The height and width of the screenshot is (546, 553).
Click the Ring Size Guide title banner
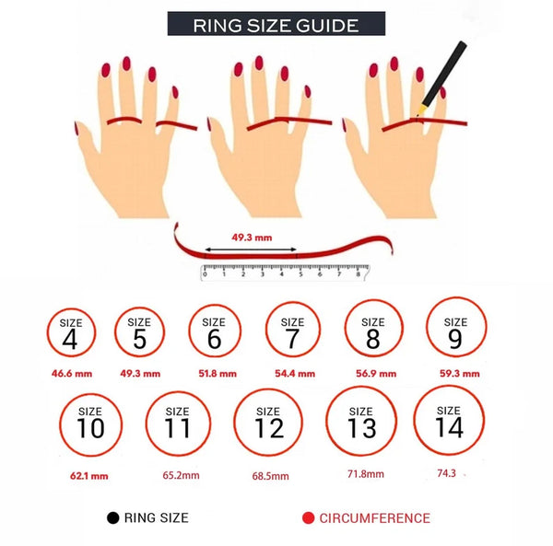pos(276,24)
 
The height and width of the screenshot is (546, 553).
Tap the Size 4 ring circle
pos(48,332)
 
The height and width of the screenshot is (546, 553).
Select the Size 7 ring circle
pos(266,330)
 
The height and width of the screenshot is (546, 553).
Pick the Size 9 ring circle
pos(427,327)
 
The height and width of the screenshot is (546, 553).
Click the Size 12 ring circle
pos(234,423)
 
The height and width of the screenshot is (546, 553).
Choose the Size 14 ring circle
pos(415,420)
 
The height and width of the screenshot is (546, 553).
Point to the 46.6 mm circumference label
pos(72,374)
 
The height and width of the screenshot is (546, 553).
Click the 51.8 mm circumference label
pos(218,374)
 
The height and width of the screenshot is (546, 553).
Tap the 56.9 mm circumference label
pos(376,374)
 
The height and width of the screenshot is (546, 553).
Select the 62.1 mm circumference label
pos(89,476)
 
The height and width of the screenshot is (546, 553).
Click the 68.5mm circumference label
pos(270,476)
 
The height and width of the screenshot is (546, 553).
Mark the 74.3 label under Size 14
pos(446,473)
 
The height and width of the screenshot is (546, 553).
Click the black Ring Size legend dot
pos(112,517)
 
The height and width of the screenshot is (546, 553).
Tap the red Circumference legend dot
pos(308,517)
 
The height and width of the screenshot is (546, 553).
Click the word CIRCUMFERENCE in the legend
pos(374,518)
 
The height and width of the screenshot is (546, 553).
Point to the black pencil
pos(442,78)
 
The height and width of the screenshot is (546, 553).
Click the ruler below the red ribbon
pos(285,273)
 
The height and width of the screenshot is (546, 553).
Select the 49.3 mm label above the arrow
pos(252,238)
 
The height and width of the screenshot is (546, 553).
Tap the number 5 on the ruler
pos(300,274)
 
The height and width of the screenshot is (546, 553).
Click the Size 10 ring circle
pos(60,424)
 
